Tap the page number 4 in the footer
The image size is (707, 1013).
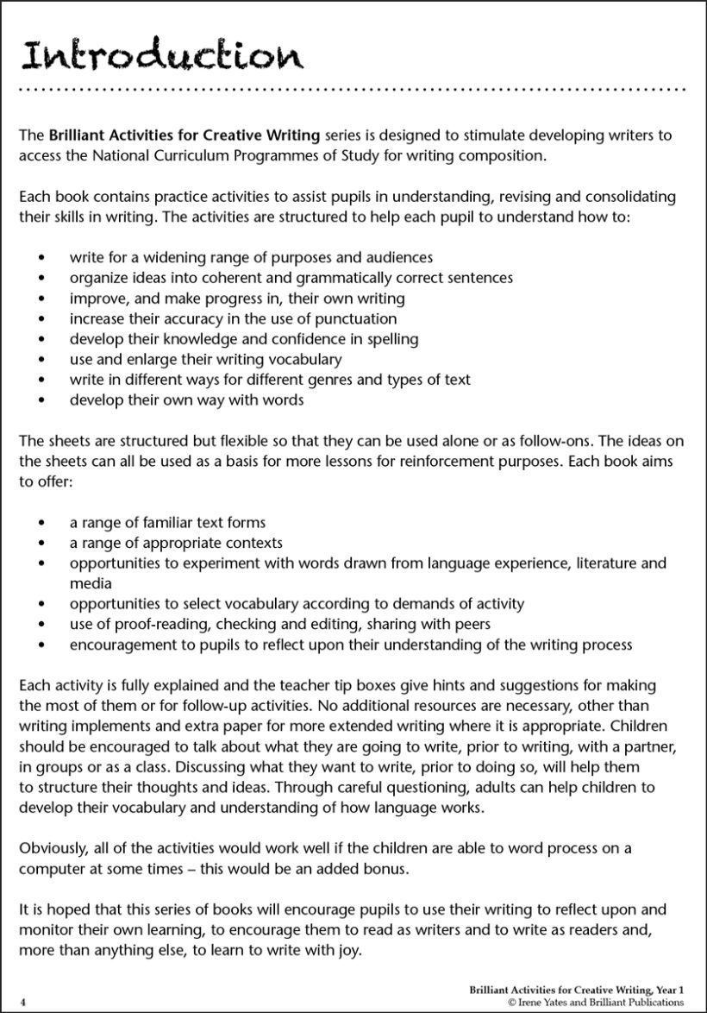tap(23, 1002)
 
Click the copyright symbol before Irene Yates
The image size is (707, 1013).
tap(512, 1003)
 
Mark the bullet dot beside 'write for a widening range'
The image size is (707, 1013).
tap(42, 258)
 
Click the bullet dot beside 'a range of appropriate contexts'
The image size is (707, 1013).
tap(42, 544)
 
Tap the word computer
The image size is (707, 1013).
tap(51, 870)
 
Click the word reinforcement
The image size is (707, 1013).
tap(399, 461)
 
